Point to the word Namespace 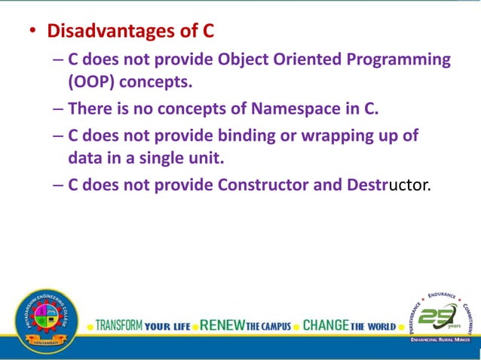click(296, 108)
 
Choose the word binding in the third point click(249, 136)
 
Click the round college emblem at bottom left click(45, 322)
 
